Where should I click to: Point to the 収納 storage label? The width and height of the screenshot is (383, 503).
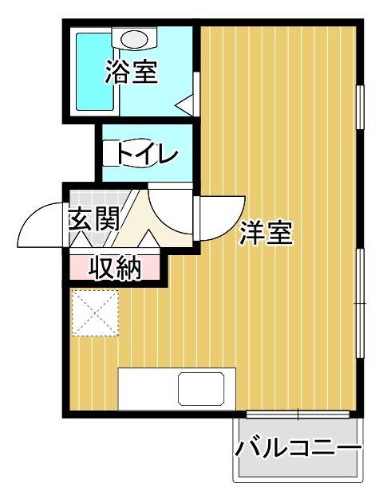(115, 268)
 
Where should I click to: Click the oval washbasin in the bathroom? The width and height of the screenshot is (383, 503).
(136, 37)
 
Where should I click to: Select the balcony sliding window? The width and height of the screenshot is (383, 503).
(297, 414)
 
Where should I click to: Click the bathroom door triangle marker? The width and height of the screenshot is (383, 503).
(185, 104)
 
